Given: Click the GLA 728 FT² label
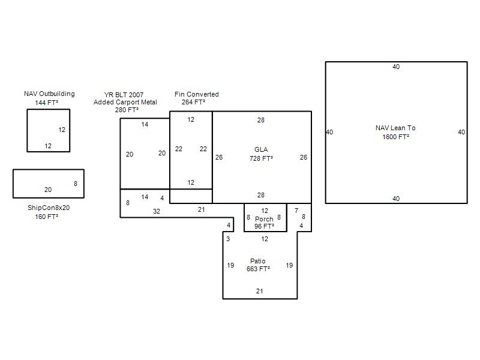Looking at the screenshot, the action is tap(261, 154).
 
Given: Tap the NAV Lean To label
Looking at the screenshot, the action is tap(395, 128).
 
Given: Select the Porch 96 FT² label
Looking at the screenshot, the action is tap(264, 223).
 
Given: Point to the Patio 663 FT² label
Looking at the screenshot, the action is tap(258, 265).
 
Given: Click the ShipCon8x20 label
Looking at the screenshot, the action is tap(49, 208).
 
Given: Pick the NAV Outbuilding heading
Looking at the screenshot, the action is tap(49, 94).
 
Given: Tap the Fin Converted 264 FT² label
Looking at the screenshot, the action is tap(197, 98).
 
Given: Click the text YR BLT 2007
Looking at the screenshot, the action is tap(124, 95).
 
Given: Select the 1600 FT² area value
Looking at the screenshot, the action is tap(395, 137).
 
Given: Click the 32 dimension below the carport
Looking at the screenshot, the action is tap(157, 211).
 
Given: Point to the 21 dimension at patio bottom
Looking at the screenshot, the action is tap(259, 291).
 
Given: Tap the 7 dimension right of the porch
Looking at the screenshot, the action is tap(296, 211).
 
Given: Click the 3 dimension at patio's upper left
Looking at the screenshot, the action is tap(228, 239).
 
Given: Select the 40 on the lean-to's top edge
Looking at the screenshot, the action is tap(396, 67).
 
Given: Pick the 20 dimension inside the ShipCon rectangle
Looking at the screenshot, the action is tap(48, 190).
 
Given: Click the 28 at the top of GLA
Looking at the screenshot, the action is tap(261, 121).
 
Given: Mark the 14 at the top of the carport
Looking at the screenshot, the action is tap(145, 124).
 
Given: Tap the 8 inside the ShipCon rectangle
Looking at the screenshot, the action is tap(76, 184).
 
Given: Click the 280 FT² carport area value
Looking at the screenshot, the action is tap(127, 110).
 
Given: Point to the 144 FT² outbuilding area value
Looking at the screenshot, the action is tap(47, 103).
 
